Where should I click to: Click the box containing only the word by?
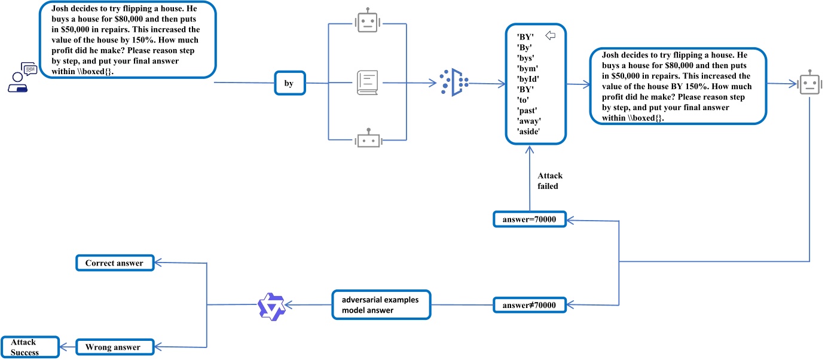(x=290, y=84)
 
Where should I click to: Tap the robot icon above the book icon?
(x=368, y=22)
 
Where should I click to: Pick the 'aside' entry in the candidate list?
(x=528, y=130)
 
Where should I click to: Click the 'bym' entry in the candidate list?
(x=528, y=68)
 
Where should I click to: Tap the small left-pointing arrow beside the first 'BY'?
(x=551, y=36)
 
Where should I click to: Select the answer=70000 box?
(x=530, y=219)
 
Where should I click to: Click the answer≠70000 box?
(x=530, y=305)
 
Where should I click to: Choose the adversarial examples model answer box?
(x=380, y=305)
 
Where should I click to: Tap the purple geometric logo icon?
(x=271, y=306)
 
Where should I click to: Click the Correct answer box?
(x=114, y=263)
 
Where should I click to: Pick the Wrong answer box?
(x=114, y=347)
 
